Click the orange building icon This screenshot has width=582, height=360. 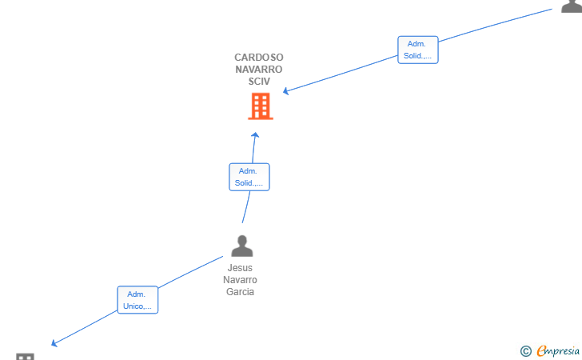click(261, 106)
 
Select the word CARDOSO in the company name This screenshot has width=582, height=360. click(259, 58)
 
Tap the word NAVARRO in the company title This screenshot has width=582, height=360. click(259, 69)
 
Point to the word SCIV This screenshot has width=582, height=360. click(259, 81)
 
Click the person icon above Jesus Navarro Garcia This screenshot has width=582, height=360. click(242, 246)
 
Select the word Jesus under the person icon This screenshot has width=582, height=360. click(240, 267)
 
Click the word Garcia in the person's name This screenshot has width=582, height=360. click(240, 292)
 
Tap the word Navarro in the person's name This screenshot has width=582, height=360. click(240, 279)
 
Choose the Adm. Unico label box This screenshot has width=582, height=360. click(138, 300)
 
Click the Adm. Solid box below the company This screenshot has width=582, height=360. click(249, 177)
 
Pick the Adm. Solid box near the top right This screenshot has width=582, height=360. click(418, 50)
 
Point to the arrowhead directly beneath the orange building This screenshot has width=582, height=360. click(255, 135)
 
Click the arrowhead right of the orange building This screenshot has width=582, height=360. click(285, 91)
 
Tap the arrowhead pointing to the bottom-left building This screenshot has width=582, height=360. click(54, 343)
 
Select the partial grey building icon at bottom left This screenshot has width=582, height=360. click(26, 356)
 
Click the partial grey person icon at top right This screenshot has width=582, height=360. click(572, 6)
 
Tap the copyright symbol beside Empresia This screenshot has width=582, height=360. click(526, 351)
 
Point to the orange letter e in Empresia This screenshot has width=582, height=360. click(541, 351)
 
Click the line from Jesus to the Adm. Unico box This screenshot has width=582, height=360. click(190, 272)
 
